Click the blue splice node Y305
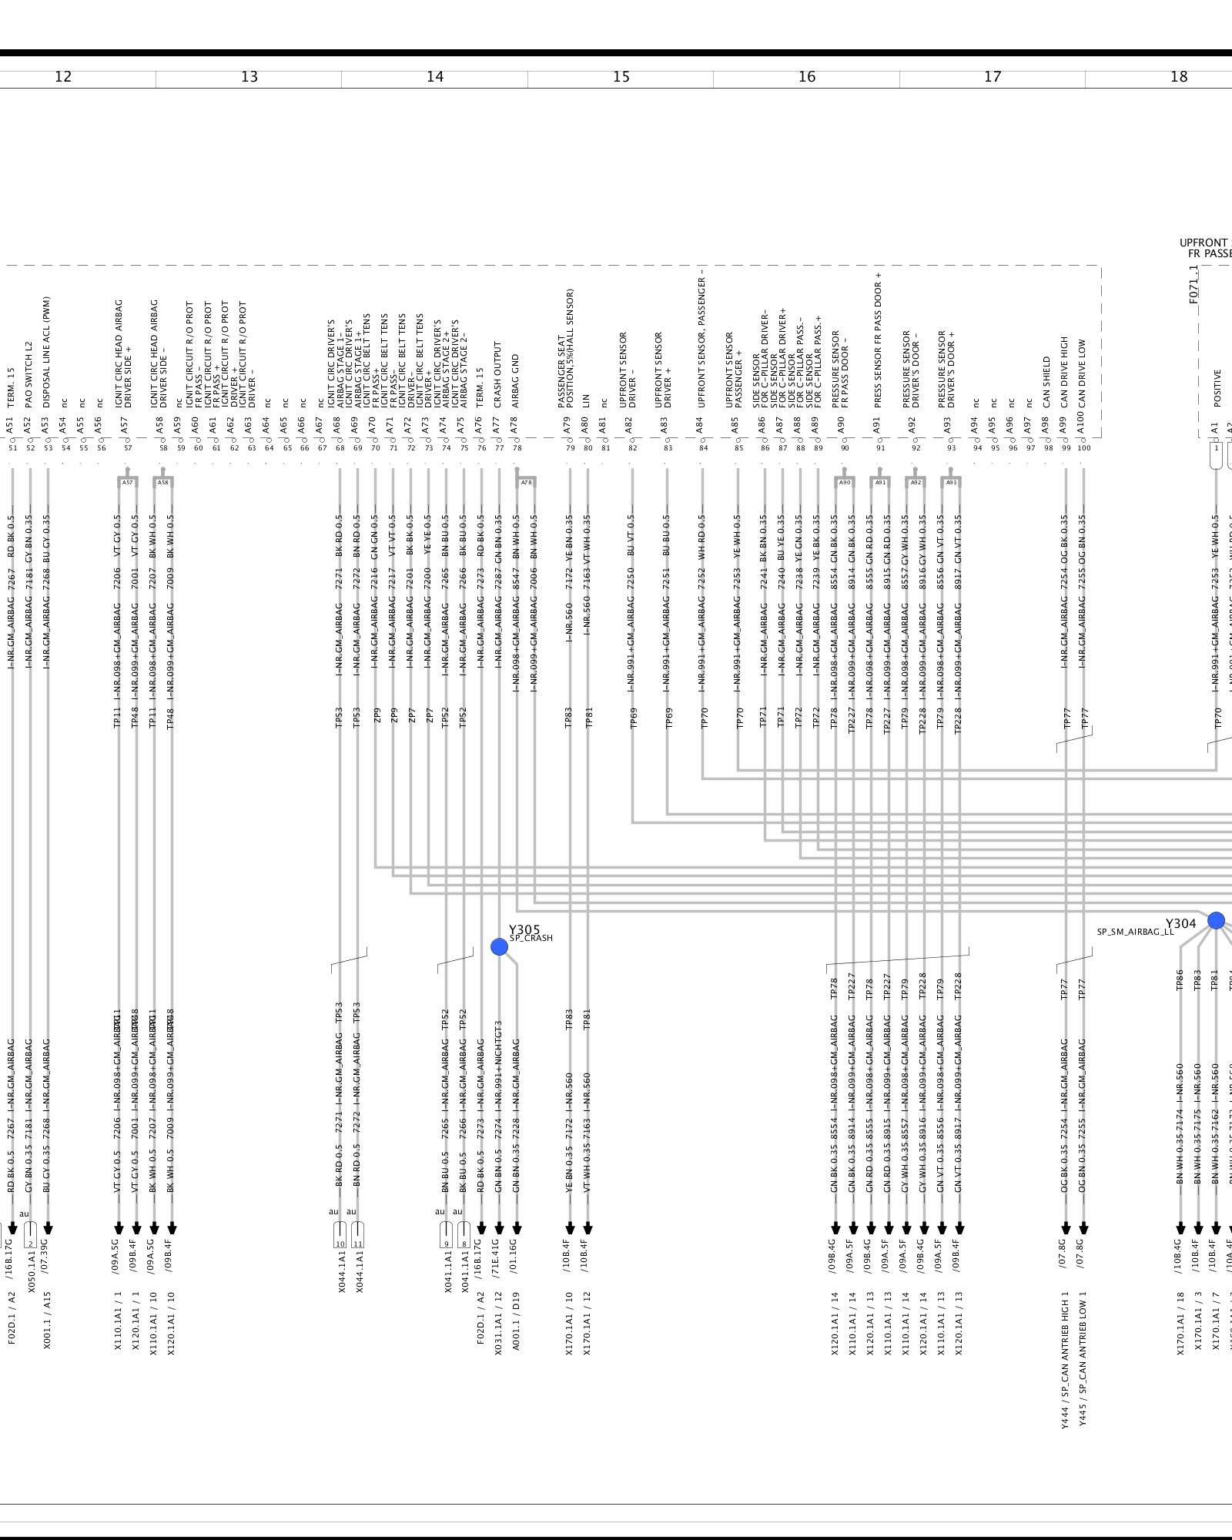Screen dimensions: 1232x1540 point(499,946)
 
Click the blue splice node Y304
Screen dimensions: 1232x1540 point(1216,920)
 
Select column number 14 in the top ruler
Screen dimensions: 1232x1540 point(435,77)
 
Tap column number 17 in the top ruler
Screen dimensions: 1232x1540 point(993,77)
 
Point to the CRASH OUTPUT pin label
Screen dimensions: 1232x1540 point(498,374)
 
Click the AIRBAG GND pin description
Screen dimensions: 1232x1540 point(516,380)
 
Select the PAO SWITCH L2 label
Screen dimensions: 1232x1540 point(29,374)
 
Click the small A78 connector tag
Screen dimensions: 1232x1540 point(526,483)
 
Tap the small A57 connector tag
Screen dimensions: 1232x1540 point(128,483)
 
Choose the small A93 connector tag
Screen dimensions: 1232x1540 point(951,483)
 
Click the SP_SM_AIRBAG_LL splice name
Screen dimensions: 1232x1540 point(1135,932)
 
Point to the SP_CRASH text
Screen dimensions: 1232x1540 point(531,939)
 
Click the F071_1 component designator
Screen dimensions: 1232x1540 point(1193,284)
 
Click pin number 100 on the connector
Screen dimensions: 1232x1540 point(1084,448)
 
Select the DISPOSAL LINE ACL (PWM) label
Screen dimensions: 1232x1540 point(47,352)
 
